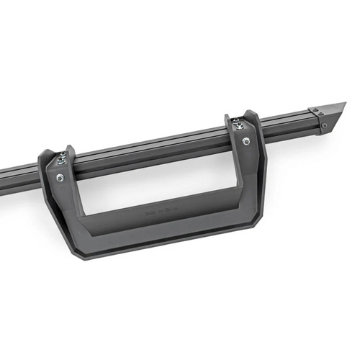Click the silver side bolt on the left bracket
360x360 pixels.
click(x=60, y=177)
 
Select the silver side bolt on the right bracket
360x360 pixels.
click(x=247, y=141)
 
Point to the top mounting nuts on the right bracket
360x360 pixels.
click(x=238, y=125)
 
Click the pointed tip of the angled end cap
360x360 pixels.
click(x=344, y=105)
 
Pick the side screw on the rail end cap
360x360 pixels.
click(x=325, y=124)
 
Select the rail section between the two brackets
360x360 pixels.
click(x=151, y=148)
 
